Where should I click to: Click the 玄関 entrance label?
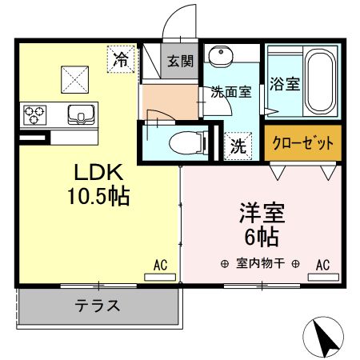tap(180, 62)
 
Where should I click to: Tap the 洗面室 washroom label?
tap(231, 91)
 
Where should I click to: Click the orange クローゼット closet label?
tap(302, 145)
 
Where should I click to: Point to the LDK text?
tap(98, 173)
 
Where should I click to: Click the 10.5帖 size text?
tap(98, 194)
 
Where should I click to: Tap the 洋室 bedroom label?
tap(261, 214)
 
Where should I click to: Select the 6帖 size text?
tap(261, 237)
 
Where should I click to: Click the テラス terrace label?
tap(98, 305)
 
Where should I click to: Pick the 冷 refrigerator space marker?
tap(122, 58)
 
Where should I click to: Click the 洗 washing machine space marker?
tap(238, 146)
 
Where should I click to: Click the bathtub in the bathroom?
tap(321, 82)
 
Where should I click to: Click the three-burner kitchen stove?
tap(36, 114)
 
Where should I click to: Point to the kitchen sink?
tap(81, 114)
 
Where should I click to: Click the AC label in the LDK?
tap(160, 265)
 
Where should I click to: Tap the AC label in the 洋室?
tap(323, 265)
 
